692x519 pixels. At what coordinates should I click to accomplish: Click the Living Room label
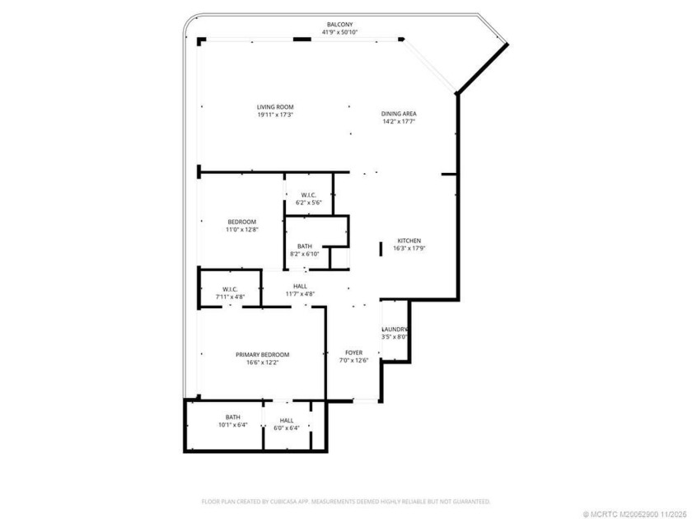(x=275, y=106)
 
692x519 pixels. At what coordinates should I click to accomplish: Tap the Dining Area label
(x=398, y=113)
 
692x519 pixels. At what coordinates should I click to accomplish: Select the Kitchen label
(x=409, y=240)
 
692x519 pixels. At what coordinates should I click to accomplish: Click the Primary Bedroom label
(x=262, y=354)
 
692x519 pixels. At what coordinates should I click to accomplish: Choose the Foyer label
(x=353, y=352)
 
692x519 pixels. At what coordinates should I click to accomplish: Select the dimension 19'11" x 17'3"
(x=275, y=115)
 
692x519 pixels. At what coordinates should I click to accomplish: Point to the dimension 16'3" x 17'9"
(x=409, y=248)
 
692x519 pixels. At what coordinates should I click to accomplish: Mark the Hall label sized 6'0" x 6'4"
(x=287, y=420)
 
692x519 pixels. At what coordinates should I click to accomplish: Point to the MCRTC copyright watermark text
(x=633, y=512)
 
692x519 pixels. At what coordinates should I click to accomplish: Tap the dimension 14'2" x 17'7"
(x=398, y=121)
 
